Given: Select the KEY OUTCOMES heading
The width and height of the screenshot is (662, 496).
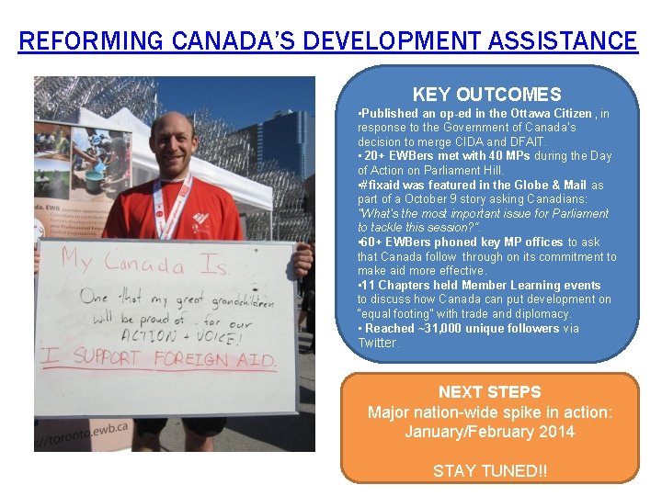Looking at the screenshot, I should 486,95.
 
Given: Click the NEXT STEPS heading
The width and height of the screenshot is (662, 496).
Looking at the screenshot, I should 489,392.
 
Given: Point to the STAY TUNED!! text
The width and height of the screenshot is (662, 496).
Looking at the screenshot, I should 489,471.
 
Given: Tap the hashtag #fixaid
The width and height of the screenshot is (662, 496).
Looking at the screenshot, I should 380,185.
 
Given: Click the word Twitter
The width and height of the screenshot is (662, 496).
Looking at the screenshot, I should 378,343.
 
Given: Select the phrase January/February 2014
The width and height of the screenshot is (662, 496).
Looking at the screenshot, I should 489,432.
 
